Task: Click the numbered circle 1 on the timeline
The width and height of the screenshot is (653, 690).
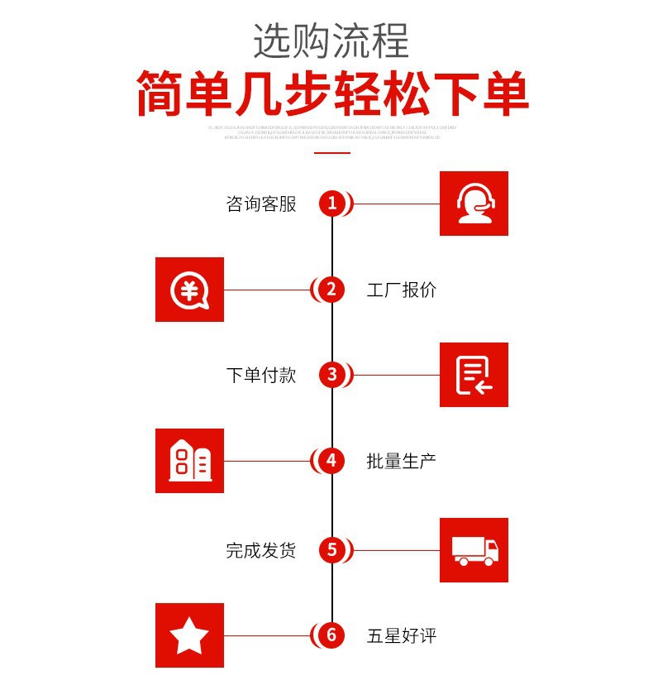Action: click(332, 204)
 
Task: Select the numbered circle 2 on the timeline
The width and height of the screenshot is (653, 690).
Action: click(331, 290)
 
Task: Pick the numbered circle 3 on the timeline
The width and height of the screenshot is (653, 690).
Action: click(332, 375)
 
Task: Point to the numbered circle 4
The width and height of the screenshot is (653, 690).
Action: click(331, 461)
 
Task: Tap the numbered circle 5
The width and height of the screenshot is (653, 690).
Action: click(332, 549)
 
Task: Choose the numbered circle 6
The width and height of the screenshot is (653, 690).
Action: click(331, 635)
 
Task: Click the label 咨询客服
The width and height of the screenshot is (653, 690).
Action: click(261, 204)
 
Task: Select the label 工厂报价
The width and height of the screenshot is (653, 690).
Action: click(402, 290)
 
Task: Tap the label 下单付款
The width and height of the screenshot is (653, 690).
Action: click(261, 376)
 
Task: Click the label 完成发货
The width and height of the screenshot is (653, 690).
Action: click(261, 550)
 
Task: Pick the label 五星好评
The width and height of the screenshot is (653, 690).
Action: click(402, 636)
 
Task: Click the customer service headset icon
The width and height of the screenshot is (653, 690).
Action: click(474, 204)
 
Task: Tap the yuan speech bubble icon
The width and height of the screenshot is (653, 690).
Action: click(190, 290)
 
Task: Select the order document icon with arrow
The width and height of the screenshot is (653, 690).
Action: click(474, 375)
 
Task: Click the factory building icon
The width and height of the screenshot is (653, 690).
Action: click(190, 461)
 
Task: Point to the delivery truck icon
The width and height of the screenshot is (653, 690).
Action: click(474, 549)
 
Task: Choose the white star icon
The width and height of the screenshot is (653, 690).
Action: click(190, 635)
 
